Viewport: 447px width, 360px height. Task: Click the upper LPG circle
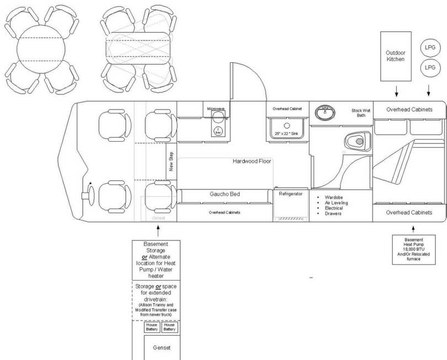pyautogui.click(x=430, y=47)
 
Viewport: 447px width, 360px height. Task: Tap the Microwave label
pyautogui.click(x=215, y=109)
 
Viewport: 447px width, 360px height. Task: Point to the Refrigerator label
pyautogui.click(x=291, y=194)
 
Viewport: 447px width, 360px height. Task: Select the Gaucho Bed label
pyautogui.click(x=224, y=194)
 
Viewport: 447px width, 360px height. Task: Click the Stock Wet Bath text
pyautogui.click(x=360, y=113)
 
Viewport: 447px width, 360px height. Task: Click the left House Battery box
pyautogui.click(x=152, y=327)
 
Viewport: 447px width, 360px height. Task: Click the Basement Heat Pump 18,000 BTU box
pyautogui.click(x=413, y=249)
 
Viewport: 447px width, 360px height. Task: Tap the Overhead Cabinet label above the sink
pyautogui.click(x=288, y=109)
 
